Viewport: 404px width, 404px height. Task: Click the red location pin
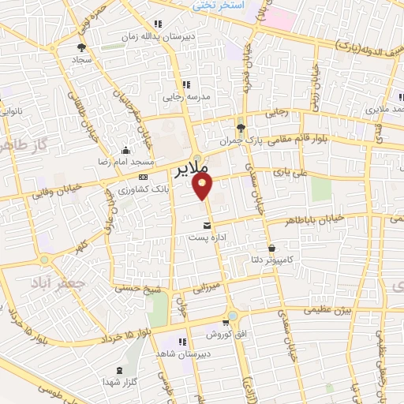[204, 187]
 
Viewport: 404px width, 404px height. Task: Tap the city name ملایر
[189, 168]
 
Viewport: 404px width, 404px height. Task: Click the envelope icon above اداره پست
[208, 225]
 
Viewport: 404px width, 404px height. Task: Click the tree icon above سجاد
[82, 47]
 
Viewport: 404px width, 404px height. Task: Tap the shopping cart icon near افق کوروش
[226, 322]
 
